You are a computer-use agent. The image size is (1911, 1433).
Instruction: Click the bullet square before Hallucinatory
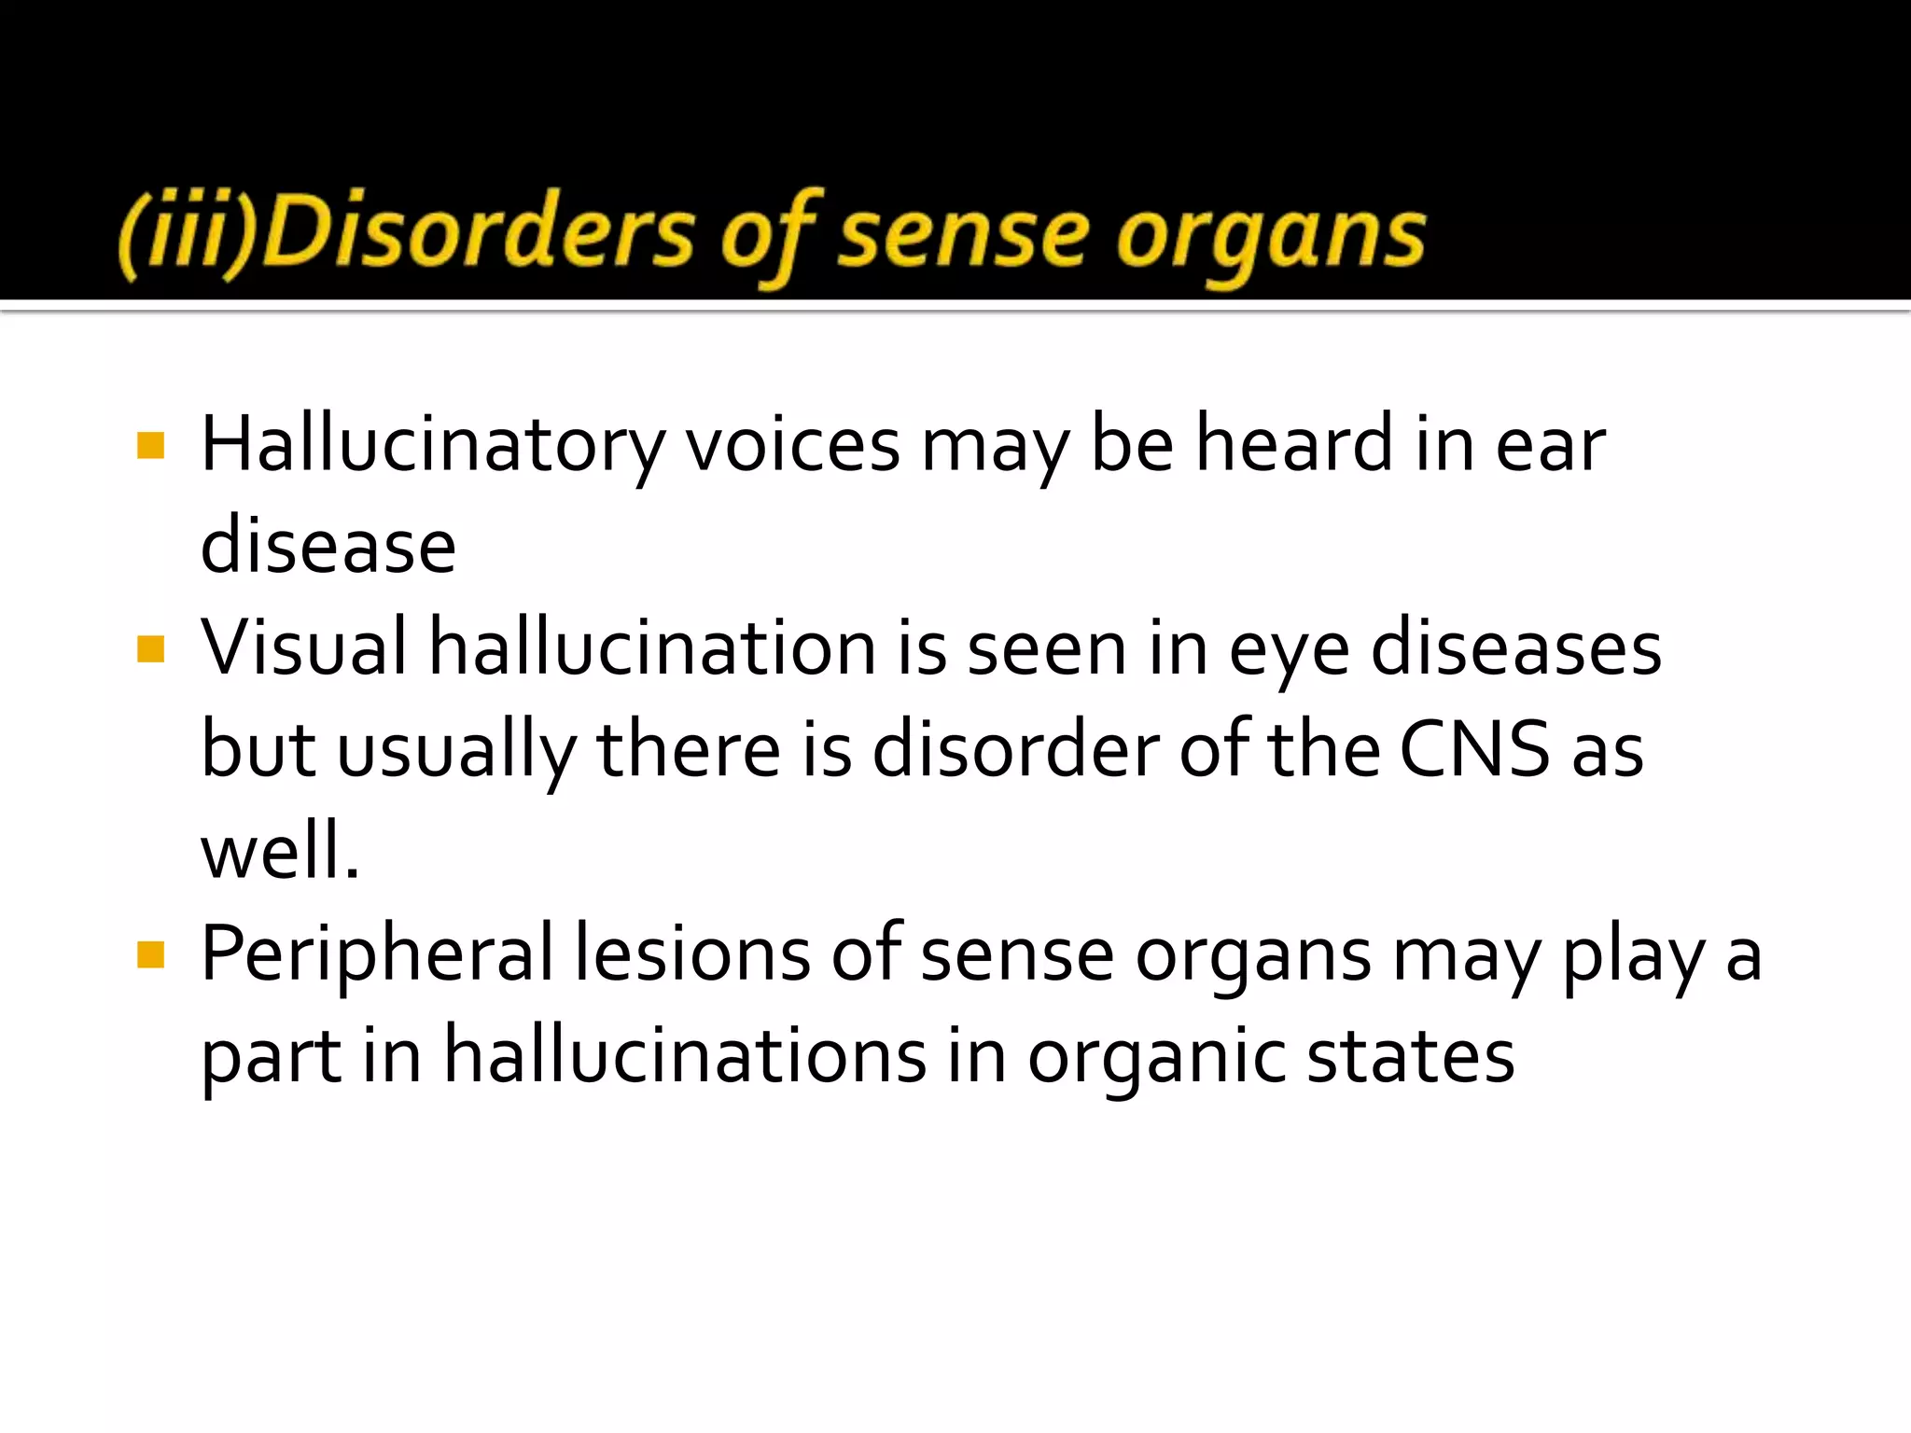pyautogui.click(x=150, y=445)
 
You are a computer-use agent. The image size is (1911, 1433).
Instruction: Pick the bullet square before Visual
pyautogui.click(x=150, y=648)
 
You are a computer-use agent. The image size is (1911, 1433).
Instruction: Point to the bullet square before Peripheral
pyautogui.click(x=150, y=954)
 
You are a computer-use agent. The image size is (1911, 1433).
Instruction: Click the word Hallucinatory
pyautogui.click(x=433, y=445)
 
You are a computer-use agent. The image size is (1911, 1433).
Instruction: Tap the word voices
pyautogui.click(x=793, y=445)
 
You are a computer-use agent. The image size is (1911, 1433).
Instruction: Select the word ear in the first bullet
pyautogui.click(x=1551, y=445)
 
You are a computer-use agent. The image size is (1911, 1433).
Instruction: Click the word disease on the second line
pyautogui.click(x=328, y=547)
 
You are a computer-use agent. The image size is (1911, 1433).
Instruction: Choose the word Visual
pyautogui.click(x=304, y=648)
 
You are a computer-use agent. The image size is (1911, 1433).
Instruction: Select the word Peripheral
pyautogui.click(x=377, y=954)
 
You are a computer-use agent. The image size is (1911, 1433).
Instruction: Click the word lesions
pyautogui.click(x=691, y=954)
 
